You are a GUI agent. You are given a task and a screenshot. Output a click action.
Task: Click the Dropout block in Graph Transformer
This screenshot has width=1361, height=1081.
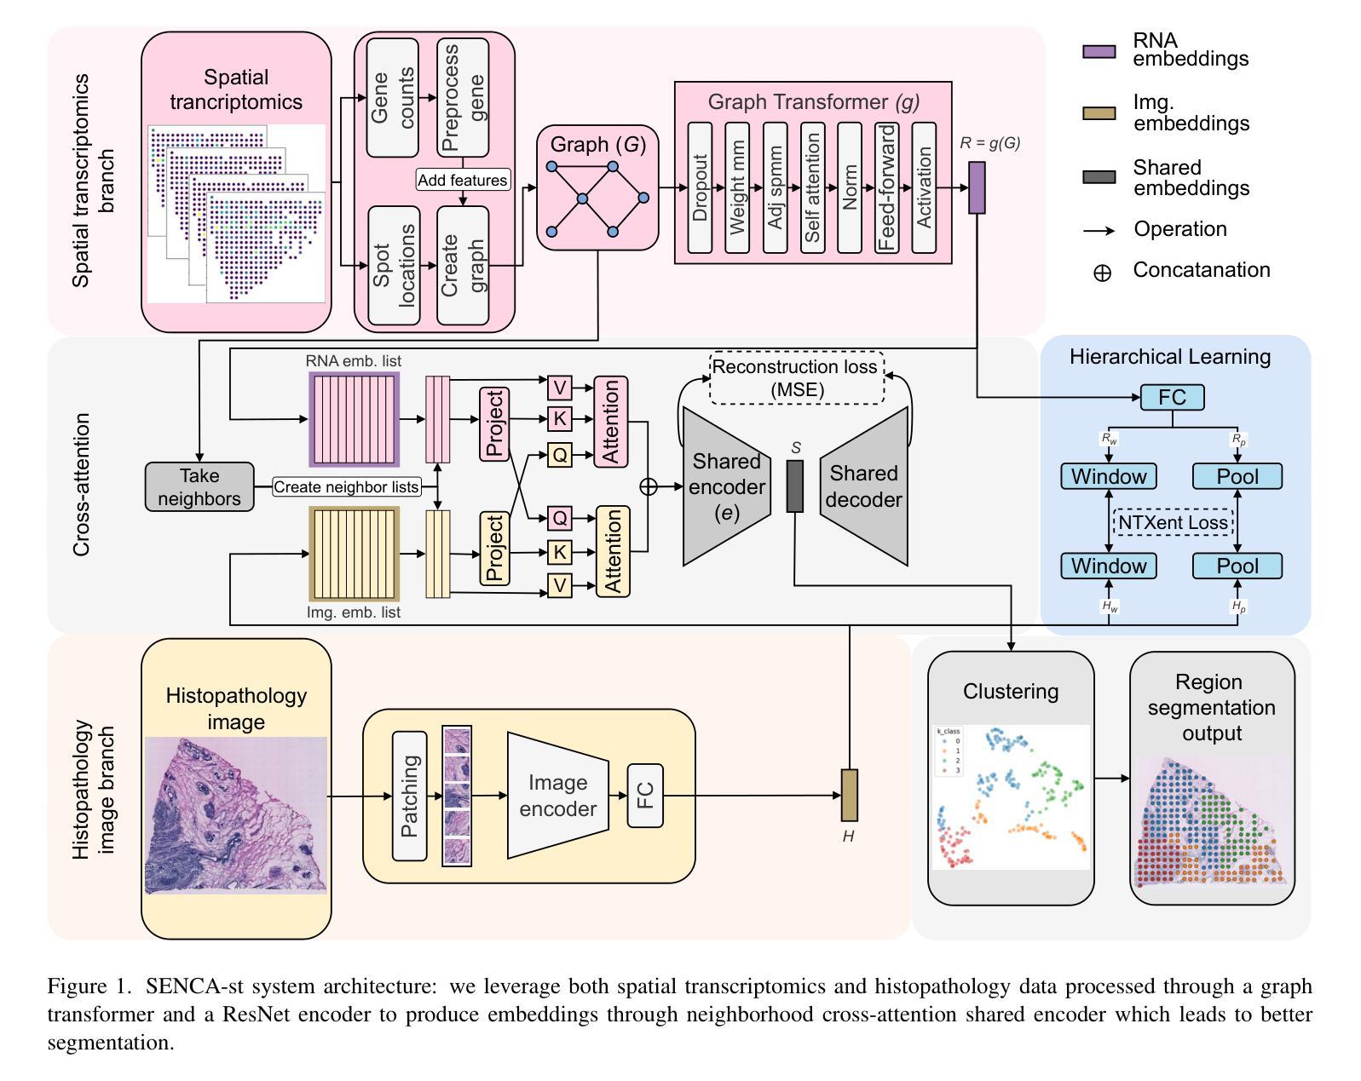700,187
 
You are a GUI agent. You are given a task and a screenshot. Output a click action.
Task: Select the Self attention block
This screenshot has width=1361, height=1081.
812,187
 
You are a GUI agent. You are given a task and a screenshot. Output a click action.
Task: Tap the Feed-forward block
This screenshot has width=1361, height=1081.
887,187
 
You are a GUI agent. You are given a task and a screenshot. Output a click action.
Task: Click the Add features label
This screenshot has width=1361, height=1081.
463,180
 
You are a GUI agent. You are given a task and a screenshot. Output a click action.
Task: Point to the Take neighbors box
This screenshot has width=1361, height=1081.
199,487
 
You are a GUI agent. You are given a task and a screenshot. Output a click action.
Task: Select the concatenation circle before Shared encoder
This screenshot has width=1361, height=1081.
649,486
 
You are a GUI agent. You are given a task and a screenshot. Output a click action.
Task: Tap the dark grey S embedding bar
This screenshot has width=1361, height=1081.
795,486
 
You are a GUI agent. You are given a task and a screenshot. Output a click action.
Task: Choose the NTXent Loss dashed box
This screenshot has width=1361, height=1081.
1173,522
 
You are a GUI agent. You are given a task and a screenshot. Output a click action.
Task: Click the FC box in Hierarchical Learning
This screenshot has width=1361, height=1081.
1173,397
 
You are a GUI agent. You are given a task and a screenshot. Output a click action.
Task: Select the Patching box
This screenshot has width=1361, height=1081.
410,796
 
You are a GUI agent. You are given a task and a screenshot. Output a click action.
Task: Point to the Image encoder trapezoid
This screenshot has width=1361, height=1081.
557,796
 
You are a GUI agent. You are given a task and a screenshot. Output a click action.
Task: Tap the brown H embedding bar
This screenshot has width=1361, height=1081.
849,795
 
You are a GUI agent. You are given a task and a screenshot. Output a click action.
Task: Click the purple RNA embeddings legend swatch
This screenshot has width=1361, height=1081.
1099,51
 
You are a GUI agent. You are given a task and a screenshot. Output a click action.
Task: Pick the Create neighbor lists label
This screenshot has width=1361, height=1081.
347,487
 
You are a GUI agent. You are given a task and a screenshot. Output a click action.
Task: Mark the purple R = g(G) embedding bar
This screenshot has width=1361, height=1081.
977,187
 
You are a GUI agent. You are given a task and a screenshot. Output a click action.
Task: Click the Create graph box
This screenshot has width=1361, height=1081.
463,266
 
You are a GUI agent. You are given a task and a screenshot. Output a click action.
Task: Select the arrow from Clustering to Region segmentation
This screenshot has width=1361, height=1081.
1111,778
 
